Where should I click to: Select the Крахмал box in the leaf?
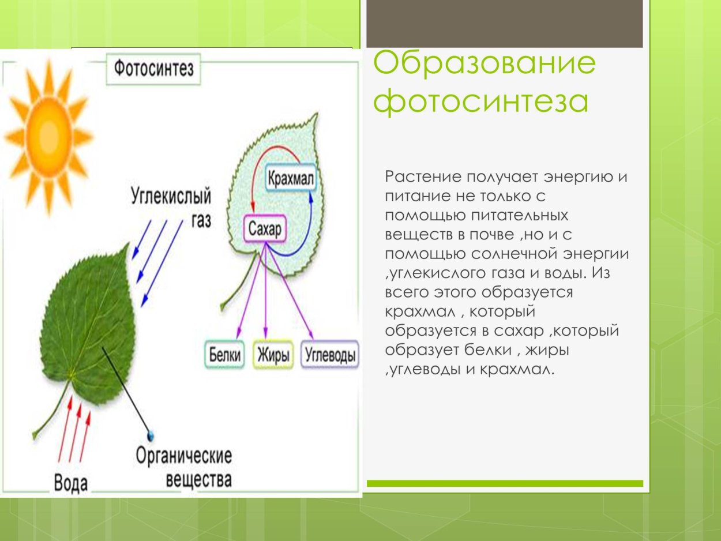291,179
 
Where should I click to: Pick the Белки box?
224,355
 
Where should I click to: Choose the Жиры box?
272,355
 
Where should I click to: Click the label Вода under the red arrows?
70,482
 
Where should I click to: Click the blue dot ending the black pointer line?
151,434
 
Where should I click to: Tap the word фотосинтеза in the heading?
480,102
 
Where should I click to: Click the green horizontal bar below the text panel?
505,483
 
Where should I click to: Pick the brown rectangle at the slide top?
505,23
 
